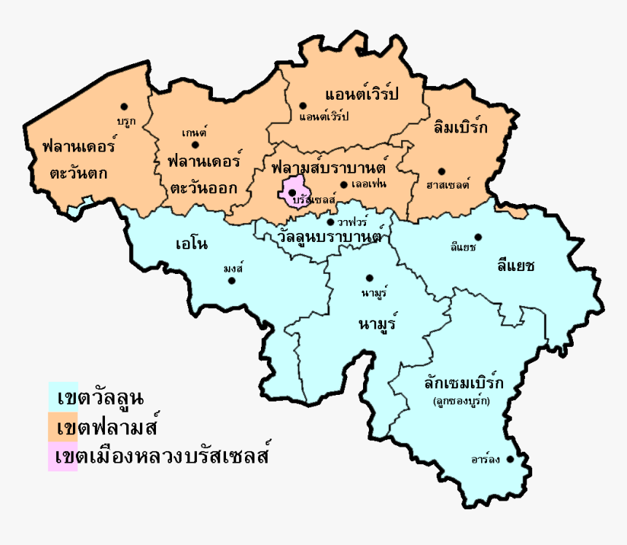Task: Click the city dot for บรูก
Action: click(x=125, y=106)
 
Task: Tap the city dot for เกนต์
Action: click(x=195, y=144)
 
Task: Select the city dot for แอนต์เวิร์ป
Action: click(x=303, y=106)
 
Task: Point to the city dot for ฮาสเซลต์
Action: click(x=441, y=171)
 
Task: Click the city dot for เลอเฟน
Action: click(x=343, y=184)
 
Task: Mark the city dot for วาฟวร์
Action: click(x=330, y=222)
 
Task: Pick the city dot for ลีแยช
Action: click(x=478, y=237)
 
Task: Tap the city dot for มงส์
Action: click(x=233, y=280)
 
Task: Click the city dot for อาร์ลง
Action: click(x=510, y=459)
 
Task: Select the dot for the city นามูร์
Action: click(x=370, y=278)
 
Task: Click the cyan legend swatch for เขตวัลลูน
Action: click(x=63, y=397)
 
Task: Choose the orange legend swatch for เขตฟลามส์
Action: click(x=63, y=426)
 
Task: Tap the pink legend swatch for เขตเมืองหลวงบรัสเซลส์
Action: click(x=63, y=456)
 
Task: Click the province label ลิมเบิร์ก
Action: click(x=459, y=127)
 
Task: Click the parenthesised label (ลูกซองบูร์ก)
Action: click(x=461, y=401)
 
